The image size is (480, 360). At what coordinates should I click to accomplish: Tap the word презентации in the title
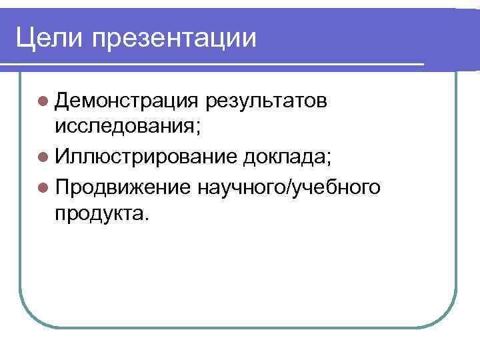point(174,39)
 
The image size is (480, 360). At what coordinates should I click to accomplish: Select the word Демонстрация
point(127,101)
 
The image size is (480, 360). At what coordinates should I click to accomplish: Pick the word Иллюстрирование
point(146,158)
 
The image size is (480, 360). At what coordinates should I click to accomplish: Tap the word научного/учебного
point(289,188)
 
